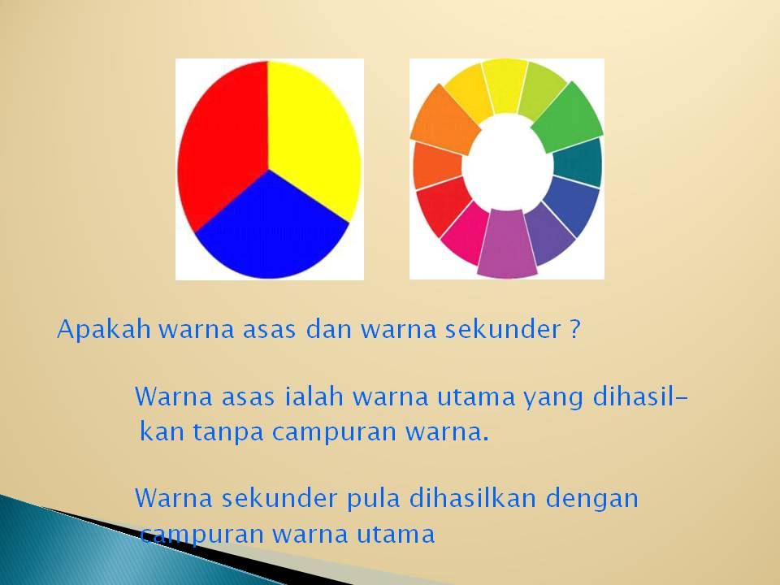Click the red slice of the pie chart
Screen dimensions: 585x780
point(219,146)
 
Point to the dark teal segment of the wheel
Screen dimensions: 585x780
point(578,162)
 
